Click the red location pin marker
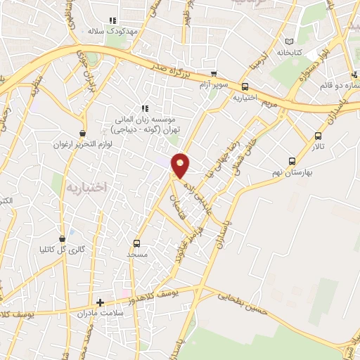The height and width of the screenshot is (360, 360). pyautogui.click(x=181, y=165)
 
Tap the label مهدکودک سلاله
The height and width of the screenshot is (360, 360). pyautogui.click(x=115, y=32)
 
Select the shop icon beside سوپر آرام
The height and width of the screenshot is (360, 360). pyautogui.click(x=214, y=74)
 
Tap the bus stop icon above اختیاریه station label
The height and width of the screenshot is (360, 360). pyautogui.click(x=245, y=86)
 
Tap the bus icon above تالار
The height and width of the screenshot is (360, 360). pyautogui.click(x=319, y=136)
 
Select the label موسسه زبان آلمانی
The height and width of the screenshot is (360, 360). pyautogui.click(x=146, y=120)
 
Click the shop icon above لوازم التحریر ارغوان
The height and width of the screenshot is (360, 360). pyautogui.click(x=83, y=132)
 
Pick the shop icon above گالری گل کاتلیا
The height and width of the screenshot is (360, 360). pyautogui.click(x=63, y=238)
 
